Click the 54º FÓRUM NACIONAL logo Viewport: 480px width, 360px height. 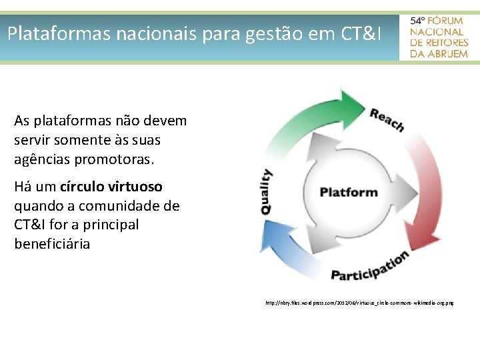[439, 37]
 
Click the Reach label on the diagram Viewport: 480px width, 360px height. [387, 120]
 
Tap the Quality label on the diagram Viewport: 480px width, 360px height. [266, 191]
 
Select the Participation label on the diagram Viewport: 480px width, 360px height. [369, 266]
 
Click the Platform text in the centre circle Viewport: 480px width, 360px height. [349, 193]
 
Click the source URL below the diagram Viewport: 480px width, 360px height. [359, 303]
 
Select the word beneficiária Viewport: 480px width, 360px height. [52, 244]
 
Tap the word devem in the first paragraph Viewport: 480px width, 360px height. [168, 121]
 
